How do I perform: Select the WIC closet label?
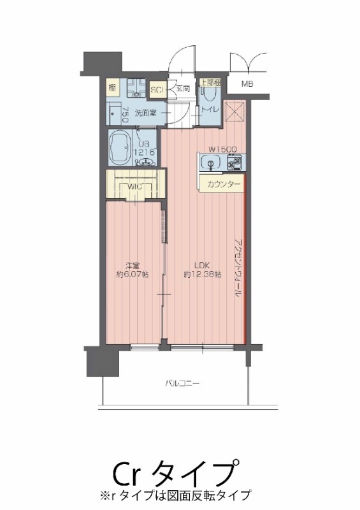[x=134, y=187]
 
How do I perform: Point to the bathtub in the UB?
[x=121, y=149]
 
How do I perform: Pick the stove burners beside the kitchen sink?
[x=232, y=164]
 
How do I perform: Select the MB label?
[x=247, y=84]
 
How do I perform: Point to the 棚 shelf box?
[x=112, y=87]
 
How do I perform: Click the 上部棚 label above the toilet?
[x=210, y=82]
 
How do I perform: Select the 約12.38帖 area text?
[x=202, y=275]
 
